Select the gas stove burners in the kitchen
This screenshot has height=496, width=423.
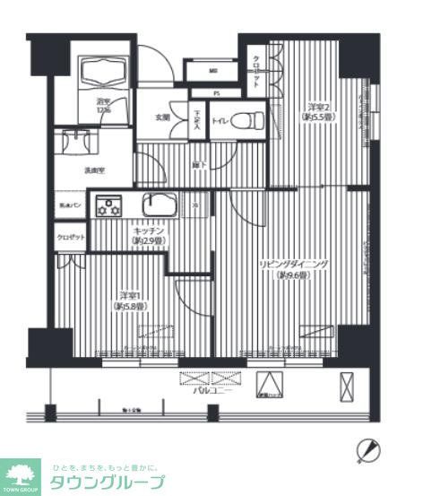(x=109, y=206)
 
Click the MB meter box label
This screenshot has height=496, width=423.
(x=212, y=71)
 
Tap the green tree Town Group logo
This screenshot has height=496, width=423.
(x=21, y=473)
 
